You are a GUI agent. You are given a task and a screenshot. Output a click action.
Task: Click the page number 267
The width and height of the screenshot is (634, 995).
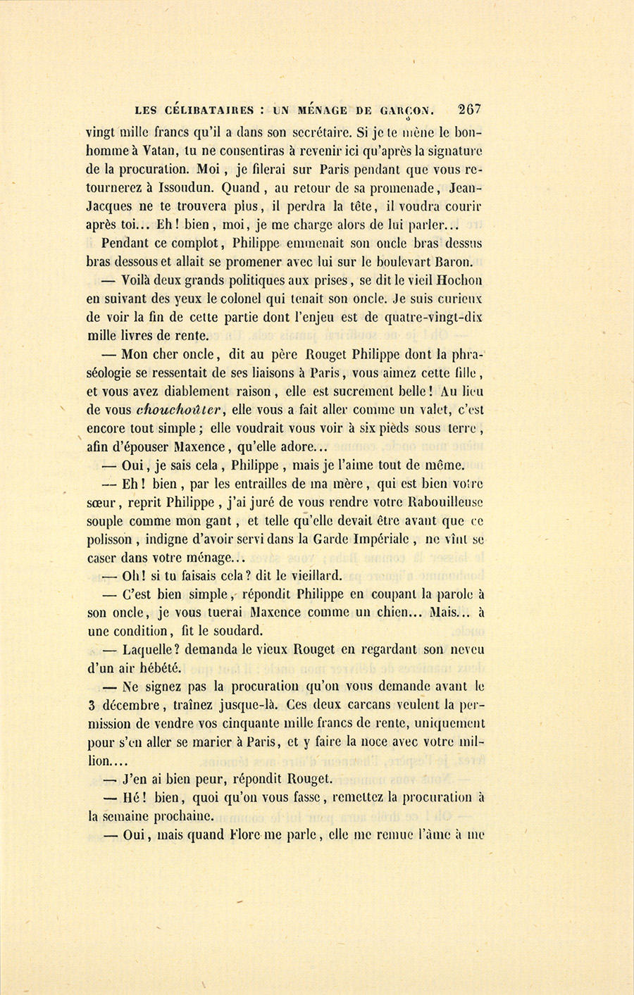[469, 109]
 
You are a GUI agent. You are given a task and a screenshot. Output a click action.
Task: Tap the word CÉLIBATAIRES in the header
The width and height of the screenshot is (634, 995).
[209, 111]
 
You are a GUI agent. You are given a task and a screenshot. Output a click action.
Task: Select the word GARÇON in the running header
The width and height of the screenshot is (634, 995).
[407, 111]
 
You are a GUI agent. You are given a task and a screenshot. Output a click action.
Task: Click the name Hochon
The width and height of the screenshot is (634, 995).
[460, 280]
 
